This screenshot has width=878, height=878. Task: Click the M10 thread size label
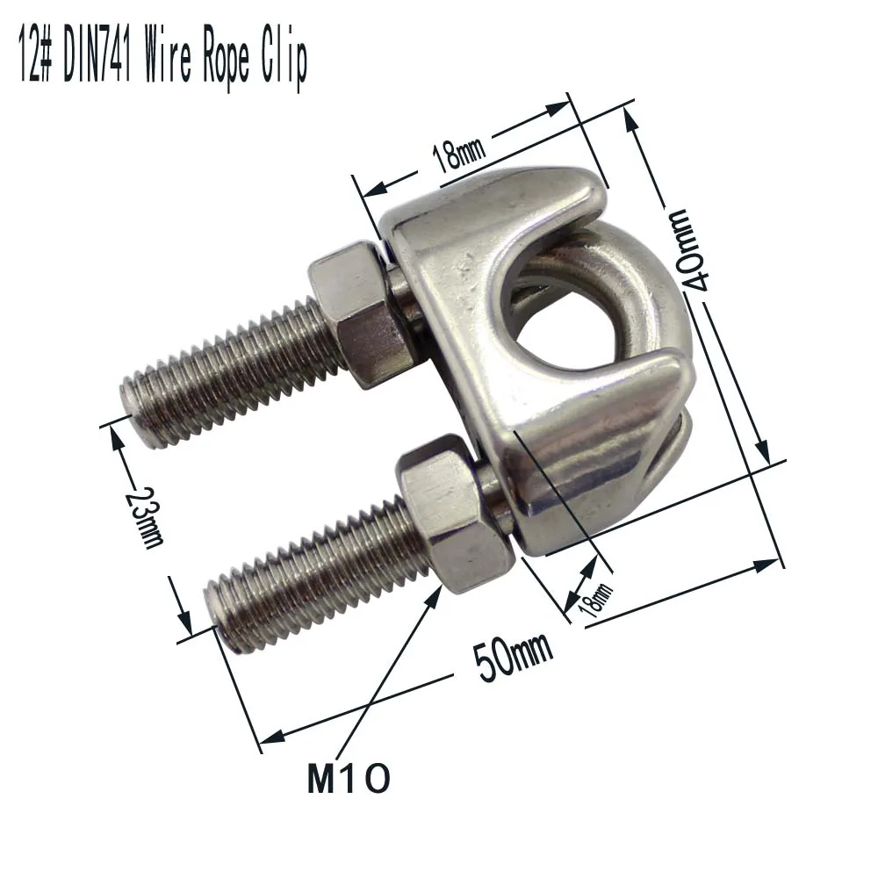349,778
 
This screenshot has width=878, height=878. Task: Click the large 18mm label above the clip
458,154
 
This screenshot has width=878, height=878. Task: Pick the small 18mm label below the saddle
594,600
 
